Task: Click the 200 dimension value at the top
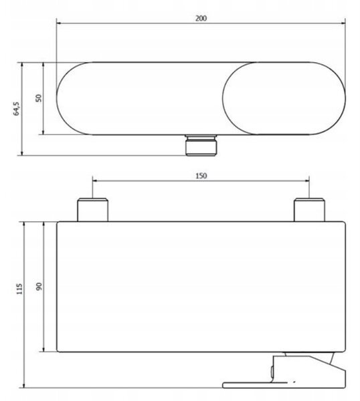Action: tap(201, 18)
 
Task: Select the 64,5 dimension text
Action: tap(16, 109)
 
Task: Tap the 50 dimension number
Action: tap(38, 98)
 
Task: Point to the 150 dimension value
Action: tap(201, 176)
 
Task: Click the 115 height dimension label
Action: tap(19, 289)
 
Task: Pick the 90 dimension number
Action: tap(39, 287)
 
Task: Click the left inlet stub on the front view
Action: tap(92, 210)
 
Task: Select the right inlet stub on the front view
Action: tap(309, 210)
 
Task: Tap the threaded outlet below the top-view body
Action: tap(201, 145)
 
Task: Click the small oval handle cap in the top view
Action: tap(284, 98)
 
